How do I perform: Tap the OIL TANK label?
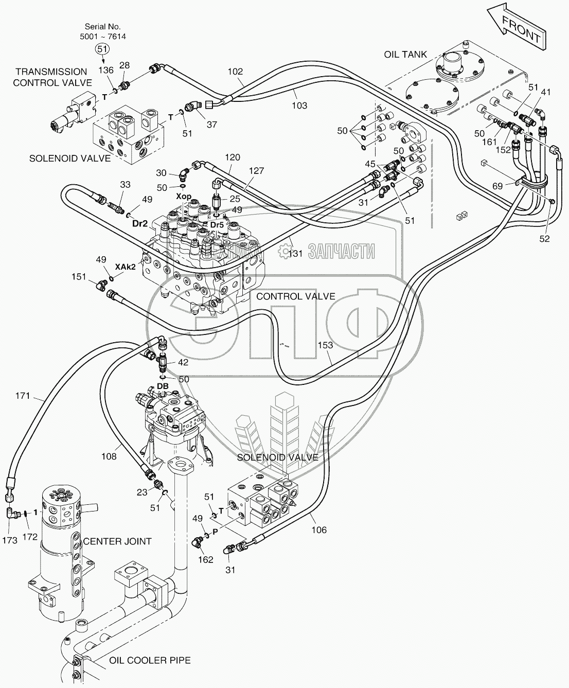[406, 55]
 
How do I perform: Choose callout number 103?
[299, 105]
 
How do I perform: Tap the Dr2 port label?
[140, 223]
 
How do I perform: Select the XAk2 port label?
[125, 267]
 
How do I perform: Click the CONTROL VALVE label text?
[295, 296]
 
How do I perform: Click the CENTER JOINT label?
[117, 541]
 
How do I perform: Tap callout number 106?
[319, 530]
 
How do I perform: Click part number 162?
[205, 559]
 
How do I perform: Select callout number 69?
[498, 186]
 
